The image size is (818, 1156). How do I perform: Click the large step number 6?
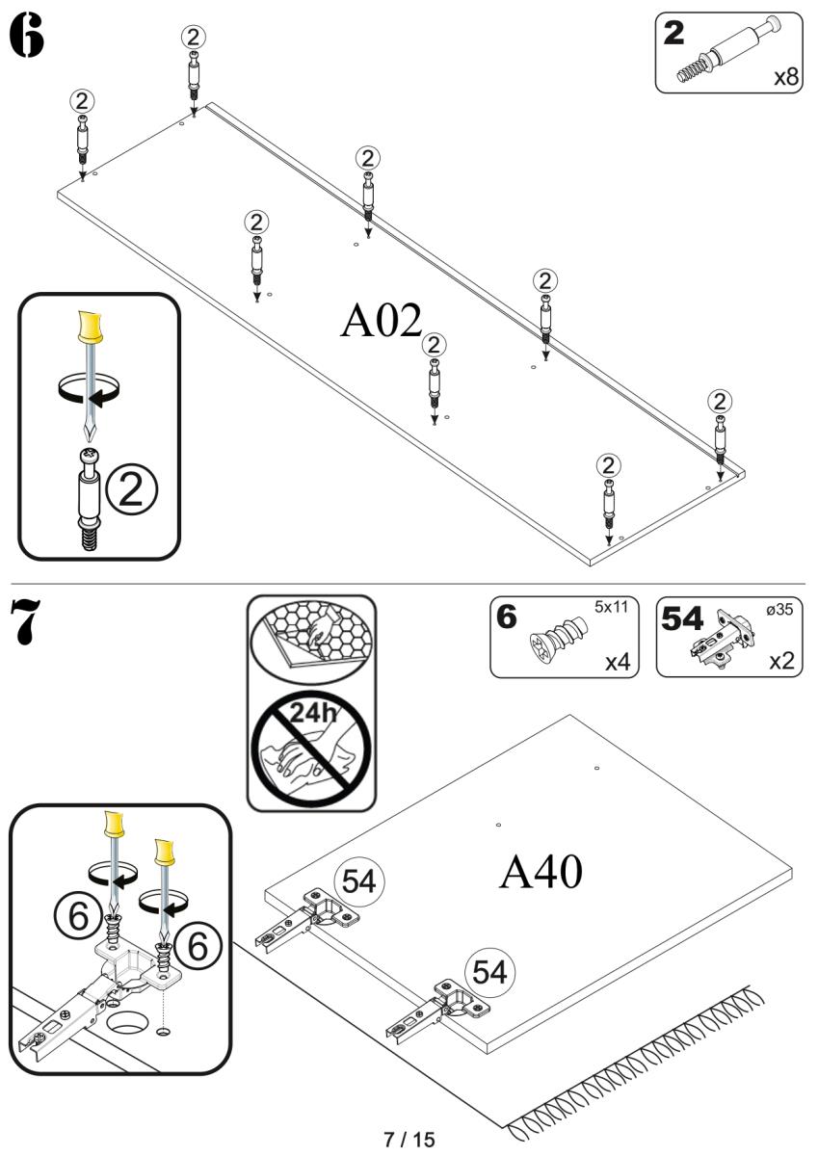(26, 37)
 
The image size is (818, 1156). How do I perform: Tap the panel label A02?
(382, 321)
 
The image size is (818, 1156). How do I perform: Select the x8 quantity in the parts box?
(786, 77)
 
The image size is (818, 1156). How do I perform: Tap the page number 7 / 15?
(409, 1140)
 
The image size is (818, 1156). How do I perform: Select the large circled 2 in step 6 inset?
(135, 490)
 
